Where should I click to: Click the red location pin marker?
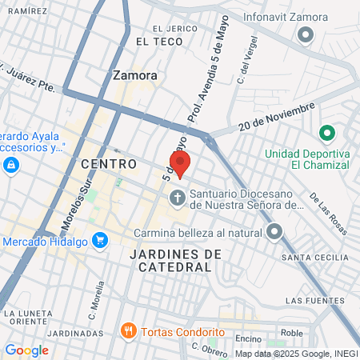click(180, 164)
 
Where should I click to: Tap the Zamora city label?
click(134, 76)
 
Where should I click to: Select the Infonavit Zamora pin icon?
click(305, 35)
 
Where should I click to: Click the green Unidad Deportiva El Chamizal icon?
click(326, 133)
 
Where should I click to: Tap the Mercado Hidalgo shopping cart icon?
click(100, 239)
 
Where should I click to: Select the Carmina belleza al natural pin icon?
click(274, 233)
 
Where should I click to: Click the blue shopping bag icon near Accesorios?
click(10, 166)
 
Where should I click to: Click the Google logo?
click(26, 350)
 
